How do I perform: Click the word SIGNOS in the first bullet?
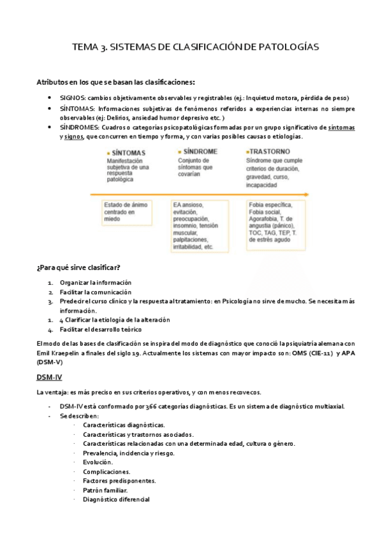(x=70, y=98)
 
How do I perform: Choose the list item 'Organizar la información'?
(x=95, y=282)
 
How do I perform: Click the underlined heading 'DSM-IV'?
(x=49, y=377)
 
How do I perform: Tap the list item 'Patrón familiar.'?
(x=105, y=490)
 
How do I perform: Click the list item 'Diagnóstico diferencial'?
(x=116, y=500)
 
